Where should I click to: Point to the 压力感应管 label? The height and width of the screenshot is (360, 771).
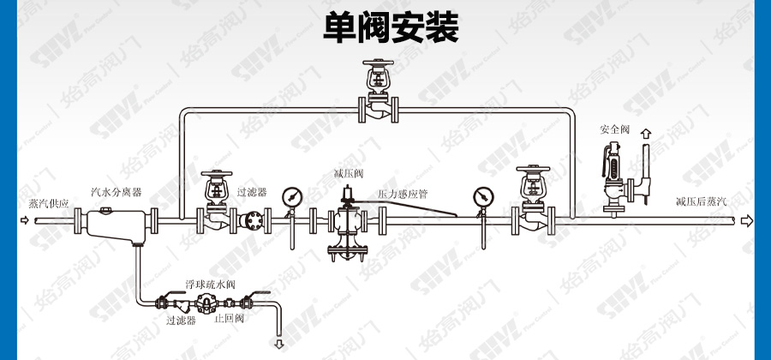point(404,195)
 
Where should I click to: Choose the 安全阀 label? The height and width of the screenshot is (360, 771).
point(614,129)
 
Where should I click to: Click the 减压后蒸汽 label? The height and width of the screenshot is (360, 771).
point(700,202)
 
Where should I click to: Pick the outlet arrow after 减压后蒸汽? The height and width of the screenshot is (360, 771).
point(747,221)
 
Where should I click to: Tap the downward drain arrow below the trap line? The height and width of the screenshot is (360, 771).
point(278,344)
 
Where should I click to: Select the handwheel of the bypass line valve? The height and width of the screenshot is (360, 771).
point(378,64)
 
